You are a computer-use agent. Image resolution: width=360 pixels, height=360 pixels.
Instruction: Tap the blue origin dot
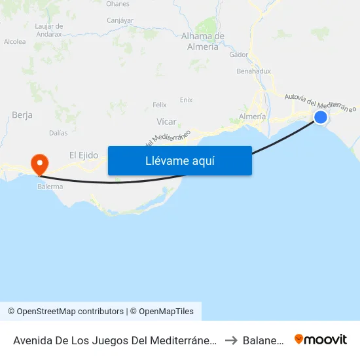[x=321, y=117]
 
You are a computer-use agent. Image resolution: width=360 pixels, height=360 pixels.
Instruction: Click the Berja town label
[x=22, y=115]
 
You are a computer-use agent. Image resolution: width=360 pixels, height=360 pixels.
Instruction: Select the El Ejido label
[x=84, y=155]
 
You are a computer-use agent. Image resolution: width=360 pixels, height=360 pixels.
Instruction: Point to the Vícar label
[x=166, y=121]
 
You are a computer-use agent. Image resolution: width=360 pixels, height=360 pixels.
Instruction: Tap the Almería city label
[x=253, y=116]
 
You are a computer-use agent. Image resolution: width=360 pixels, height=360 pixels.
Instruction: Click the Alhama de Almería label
[x=203, y=41]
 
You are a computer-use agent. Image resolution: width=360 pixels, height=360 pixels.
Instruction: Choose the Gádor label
[x=239, y=54]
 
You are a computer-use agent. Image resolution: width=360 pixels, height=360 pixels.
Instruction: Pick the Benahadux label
[x=253, y=71]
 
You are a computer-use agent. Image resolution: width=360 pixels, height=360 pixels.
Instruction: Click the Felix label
[x=160, y=105]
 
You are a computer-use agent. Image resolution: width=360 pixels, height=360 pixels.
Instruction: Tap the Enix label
[x=187, y=99]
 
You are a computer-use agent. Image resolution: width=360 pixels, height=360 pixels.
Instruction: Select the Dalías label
[x=58, y=132]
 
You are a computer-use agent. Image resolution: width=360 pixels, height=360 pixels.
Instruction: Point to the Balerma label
[x=50, y=187]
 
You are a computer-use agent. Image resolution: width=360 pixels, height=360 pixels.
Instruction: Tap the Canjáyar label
[x=120, y=20]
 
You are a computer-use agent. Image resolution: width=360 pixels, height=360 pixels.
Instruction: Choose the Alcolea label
[x=14, y=41]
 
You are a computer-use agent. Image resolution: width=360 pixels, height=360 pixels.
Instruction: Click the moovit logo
[x=321, y=340]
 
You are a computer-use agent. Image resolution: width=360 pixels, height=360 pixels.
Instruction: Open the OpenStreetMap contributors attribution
[x=65, y=312]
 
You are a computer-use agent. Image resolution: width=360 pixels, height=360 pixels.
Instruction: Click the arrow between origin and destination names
[x=232, y=340]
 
